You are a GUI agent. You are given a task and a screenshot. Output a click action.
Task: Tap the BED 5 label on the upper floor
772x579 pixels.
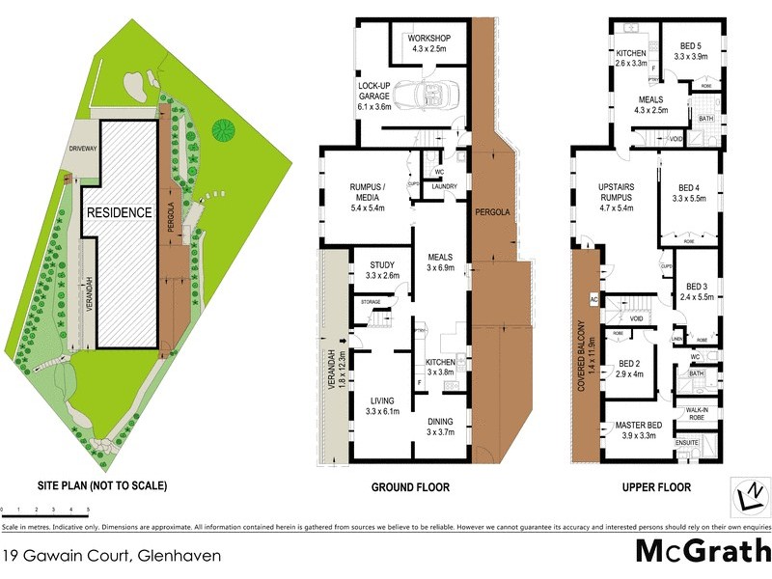pos(691,50)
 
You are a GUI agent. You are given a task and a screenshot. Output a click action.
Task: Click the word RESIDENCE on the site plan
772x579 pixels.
pos(119,212)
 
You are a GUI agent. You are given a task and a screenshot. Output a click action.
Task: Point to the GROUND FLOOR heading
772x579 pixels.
pos(410,487)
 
